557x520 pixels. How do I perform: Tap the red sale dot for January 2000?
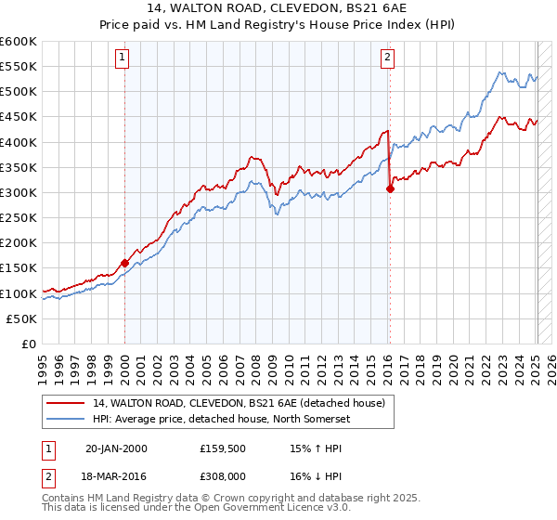coord(124,263)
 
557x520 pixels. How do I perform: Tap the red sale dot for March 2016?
coord(390,188)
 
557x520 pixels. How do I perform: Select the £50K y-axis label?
coord(22,318)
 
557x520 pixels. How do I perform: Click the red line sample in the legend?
coord(65,402)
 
